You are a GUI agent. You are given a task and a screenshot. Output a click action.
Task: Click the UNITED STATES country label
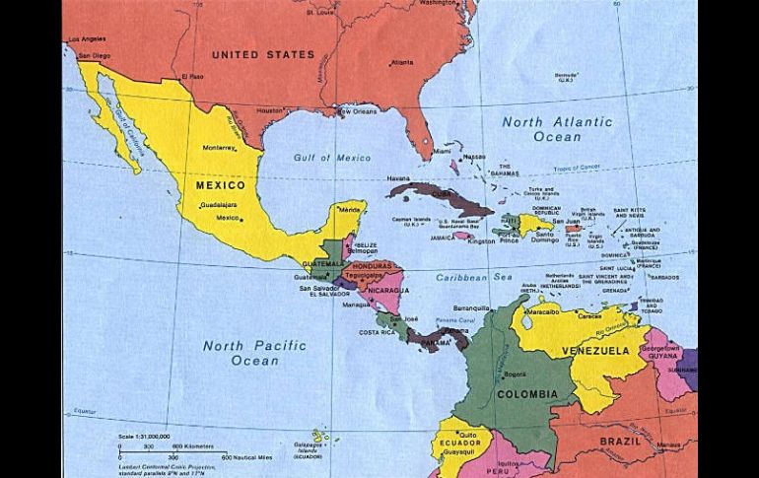pos(263,55)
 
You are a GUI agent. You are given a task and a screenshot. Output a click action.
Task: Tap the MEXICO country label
pos(220,185)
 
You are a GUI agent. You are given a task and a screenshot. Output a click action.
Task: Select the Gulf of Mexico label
pos(331,158)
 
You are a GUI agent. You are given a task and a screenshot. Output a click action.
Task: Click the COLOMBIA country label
pos(526,394)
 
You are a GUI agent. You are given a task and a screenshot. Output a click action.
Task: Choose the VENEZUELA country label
pos(595,351)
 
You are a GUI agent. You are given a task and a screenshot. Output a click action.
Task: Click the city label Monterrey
pos(219,148)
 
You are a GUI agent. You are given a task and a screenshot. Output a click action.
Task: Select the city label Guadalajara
pos(218,205)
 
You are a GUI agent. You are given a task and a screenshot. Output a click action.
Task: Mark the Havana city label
pos(398,178)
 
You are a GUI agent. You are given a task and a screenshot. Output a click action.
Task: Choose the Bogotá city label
pos(515,375)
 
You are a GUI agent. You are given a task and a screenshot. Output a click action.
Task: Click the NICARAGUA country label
pos(388,290)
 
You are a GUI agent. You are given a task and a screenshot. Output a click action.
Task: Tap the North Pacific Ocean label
pos(254,353)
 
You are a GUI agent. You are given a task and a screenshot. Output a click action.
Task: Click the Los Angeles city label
pos(84,39)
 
